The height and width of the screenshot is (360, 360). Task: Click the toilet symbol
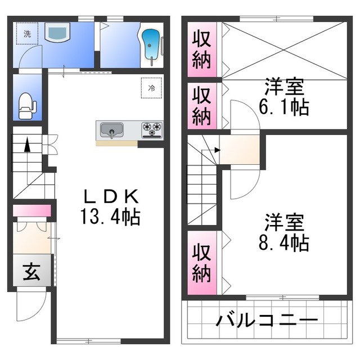tap(27, 106)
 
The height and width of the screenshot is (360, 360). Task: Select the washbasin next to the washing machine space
tap(57, 31)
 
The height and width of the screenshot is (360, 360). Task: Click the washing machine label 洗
tap(28, 34)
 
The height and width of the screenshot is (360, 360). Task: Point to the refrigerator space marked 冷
tap(151, 88)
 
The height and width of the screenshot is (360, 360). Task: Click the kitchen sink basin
tap(112, 130)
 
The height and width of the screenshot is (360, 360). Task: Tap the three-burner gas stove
tap(151, 130)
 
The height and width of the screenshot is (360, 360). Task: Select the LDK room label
tap(111, 196)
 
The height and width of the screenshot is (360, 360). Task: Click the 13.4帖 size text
tap(110, 216)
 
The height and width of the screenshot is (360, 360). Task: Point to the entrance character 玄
tap(31, 272)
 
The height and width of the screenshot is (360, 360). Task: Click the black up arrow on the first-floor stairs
tap(28, 145)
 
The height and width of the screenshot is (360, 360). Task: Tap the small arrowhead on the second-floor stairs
tap(218, 150)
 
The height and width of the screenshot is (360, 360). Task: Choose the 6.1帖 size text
tap(283, 107)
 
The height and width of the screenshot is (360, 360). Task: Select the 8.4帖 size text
tap(283, 242)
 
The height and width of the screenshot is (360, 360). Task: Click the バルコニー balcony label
tap(267, 319)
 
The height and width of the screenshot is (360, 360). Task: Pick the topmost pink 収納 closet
tap(202, 49)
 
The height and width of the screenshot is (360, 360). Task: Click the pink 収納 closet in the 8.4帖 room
tap(202, 263)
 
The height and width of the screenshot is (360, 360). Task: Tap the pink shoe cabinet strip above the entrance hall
tap(31, 210)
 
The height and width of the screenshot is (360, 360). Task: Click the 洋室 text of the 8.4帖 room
tap(284, 222)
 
